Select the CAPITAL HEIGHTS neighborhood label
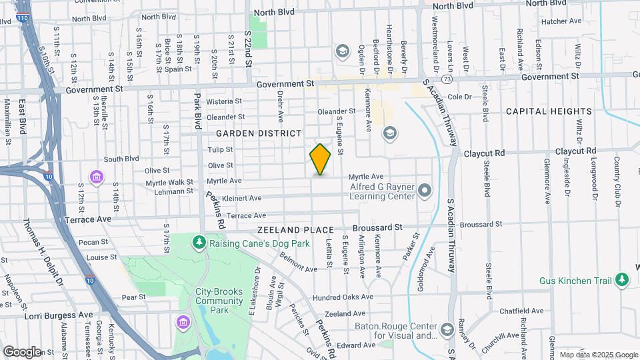coord(549,111)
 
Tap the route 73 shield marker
coord(447,79)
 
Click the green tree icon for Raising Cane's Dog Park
coord(198,241)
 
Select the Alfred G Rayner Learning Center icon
coord(425,192)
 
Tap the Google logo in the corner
coord(21,351)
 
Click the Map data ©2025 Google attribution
coord(599,355)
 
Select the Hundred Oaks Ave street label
coord(343,297)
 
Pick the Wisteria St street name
coord(223,101)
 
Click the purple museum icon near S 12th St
coord(97,177)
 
